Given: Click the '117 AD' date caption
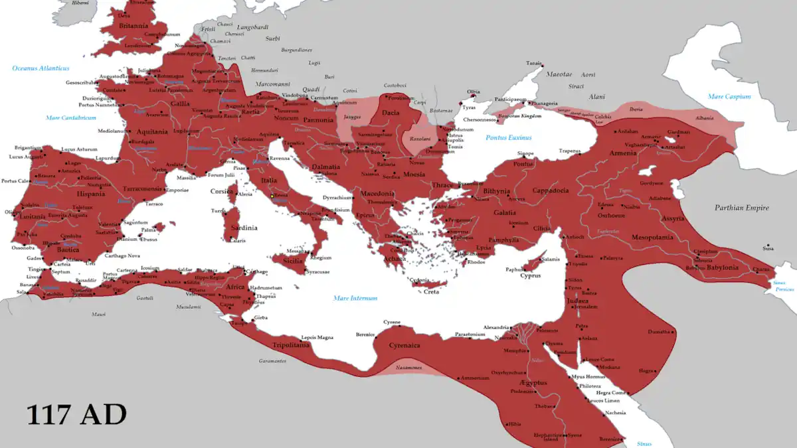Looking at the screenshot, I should [x=76, y=415].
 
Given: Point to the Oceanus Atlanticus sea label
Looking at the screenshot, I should [x=41, y=68].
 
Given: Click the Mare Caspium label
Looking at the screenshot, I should [x=729, y=96].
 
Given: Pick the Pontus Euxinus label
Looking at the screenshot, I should [x=509, y=137].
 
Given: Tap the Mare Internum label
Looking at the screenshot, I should [x=355, y=298].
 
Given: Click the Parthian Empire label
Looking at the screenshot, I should [x=741, y=208].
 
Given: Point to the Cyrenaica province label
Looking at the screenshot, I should [x=404, y=345].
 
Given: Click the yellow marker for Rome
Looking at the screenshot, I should [x=272, y=196].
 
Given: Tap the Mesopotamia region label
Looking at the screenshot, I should [x=652, y=237].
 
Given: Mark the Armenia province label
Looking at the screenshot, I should [x=624, y=152].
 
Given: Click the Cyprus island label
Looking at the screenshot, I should [x=530, y=275].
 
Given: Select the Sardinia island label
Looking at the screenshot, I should [x=244, y=228].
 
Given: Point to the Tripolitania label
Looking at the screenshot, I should [x=291, y=345].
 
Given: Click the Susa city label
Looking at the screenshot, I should [x=768, y=248].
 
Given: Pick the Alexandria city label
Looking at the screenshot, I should [x=496, y=327].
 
